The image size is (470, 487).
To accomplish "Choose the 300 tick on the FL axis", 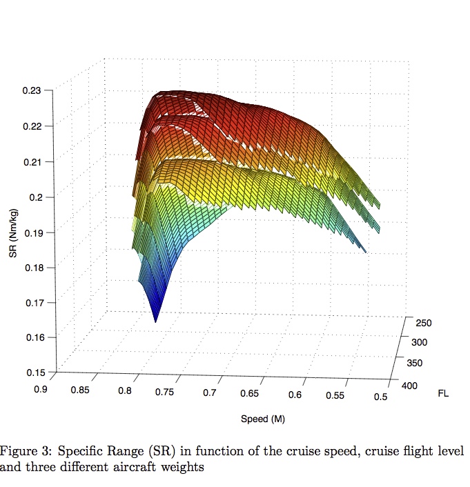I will click(419, 343).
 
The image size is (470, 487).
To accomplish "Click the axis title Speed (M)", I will click(263, 419).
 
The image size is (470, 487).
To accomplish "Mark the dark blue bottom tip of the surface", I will click(155, 320).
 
